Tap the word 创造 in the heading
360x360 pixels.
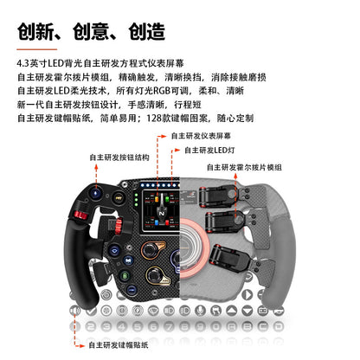click(x=141, y=32)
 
